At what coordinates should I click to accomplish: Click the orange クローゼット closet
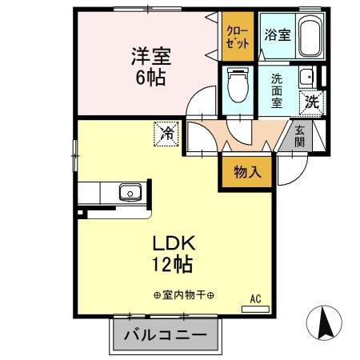click(x=238, y=37)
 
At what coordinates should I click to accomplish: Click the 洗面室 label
click(x=277, y=91)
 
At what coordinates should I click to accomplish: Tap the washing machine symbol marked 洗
click(x=313, y=102)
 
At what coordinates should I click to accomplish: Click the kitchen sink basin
click(x=130, y=193)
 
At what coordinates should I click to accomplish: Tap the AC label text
click(x=256, y=298)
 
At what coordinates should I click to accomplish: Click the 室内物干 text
click(x=185, y=296)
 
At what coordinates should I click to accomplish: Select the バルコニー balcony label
click(x=165, y=335)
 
